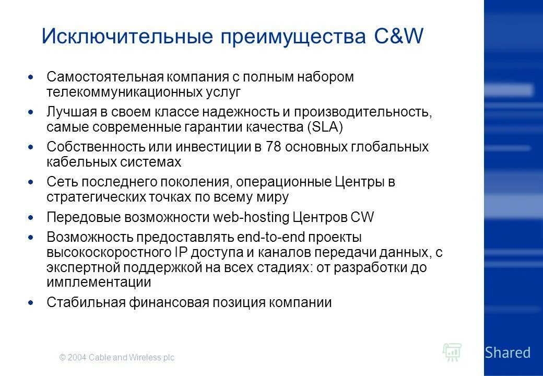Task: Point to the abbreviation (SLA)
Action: click(x=325, y=127)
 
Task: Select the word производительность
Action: click(x=360, y=112)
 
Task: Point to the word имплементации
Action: click(x=99, y=283)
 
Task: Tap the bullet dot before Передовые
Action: click(x=31, y=217)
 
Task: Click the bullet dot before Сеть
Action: click(x=31, y=182)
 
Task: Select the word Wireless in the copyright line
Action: click(x=144, y=358)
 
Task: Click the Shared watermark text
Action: click(x=507, y=352)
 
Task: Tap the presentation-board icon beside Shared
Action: click(x=452, y=352)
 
